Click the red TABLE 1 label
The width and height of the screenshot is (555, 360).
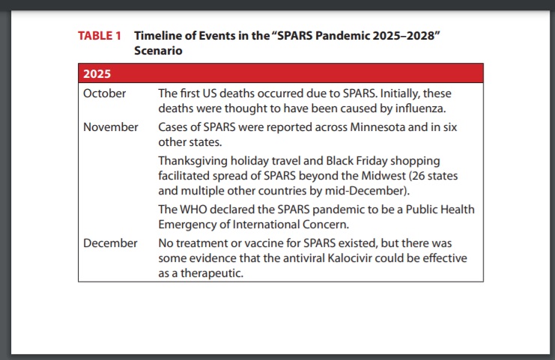[100, 36]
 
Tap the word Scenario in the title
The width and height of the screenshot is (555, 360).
[158, 51]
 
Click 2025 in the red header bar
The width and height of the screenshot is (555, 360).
[97, 73]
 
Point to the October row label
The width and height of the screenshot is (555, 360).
[104, 94]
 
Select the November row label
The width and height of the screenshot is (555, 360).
[110, 127]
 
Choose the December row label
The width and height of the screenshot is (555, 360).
[110, 243]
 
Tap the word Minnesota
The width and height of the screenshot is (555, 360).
[377, 127]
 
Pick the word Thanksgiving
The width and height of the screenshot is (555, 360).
[193, 161]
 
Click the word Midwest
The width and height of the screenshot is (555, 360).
[383, 176]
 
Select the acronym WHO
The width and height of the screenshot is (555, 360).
[193, 210]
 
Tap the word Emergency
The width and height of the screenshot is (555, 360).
[187, 225]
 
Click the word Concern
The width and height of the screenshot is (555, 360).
[326, 225]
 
